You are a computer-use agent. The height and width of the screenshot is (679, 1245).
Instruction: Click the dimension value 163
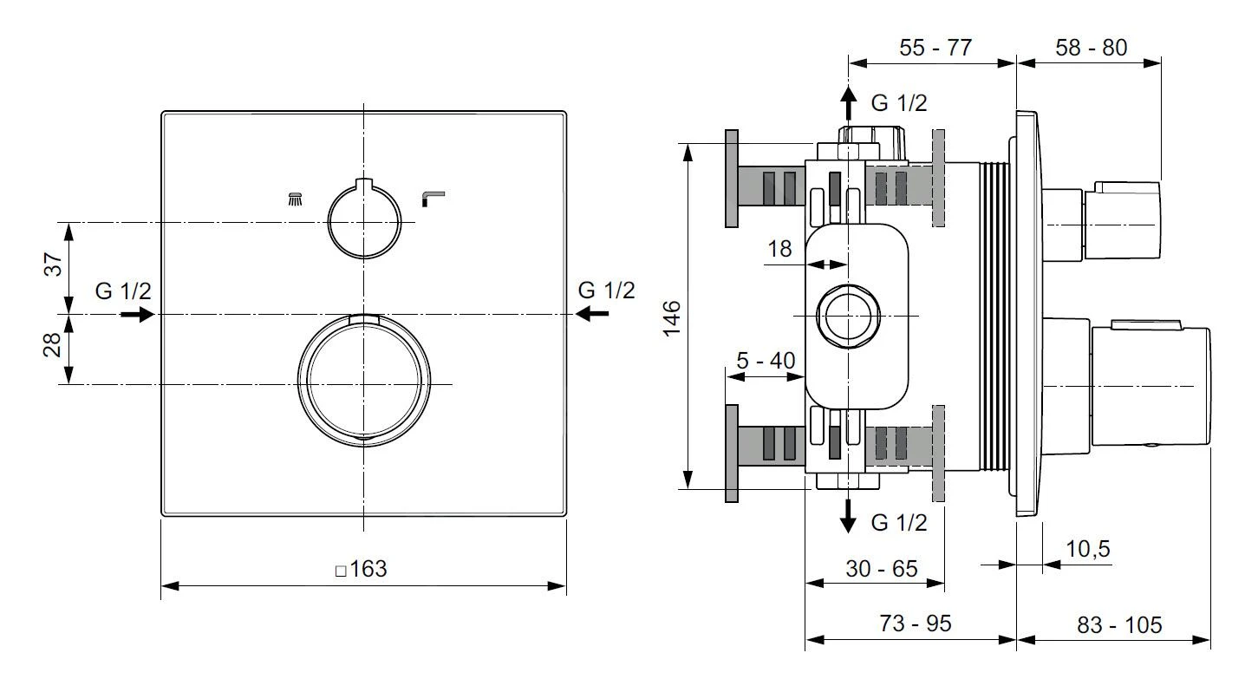(367, 570)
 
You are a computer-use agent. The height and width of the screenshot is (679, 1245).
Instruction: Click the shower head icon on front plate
(296, 199)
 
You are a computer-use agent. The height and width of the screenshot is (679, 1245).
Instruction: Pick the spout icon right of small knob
(431, 199)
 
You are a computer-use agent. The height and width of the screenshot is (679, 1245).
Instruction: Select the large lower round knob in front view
(364, 382)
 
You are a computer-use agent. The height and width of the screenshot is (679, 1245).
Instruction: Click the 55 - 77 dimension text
(934, 48)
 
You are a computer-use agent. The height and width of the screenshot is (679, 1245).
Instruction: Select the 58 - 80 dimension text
(1091, 48)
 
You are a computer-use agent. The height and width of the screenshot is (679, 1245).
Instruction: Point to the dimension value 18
(779, 250)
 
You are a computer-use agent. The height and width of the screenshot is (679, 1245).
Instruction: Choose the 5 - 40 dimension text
(766, 359)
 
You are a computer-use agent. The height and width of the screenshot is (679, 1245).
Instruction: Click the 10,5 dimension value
(1087, 548)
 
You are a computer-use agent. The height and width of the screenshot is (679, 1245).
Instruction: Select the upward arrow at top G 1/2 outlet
(849, 105)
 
